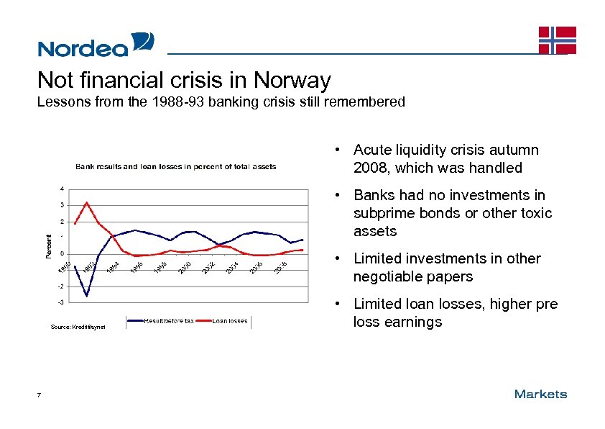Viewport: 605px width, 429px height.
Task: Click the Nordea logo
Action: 96,45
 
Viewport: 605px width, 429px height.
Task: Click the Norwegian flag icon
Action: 558,40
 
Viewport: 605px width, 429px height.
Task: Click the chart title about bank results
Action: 176,166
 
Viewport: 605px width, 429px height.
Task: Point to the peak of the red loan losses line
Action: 87,202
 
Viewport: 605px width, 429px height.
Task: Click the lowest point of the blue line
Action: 87,296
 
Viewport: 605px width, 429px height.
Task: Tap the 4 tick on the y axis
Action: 61,189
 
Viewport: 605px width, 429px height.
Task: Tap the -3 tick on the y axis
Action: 61,302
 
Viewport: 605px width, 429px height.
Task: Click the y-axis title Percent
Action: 49,246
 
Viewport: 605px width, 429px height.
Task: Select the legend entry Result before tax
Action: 169,321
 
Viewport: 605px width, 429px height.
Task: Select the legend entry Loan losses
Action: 230,321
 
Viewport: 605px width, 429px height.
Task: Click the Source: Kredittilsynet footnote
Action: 78,328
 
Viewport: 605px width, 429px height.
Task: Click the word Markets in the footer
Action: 540,394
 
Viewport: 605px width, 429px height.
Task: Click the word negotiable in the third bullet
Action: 387,276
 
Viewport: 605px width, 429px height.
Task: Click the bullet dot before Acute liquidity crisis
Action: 336,150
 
